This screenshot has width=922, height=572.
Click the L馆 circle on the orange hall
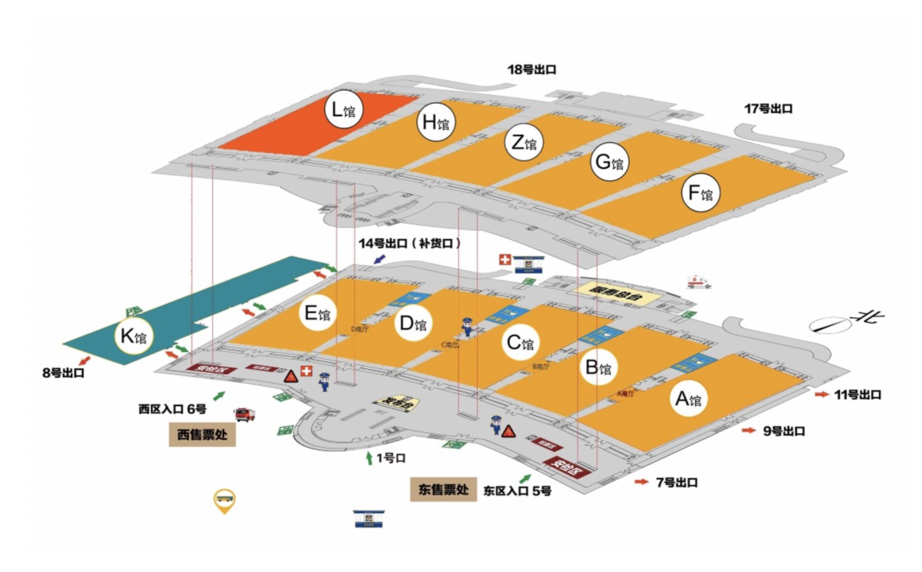[x=343, y=109]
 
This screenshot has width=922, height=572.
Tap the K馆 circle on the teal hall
[x=134, y=336]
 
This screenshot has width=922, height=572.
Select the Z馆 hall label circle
[x=524, y=142]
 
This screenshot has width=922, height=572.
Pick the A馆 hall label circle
[x=688, y=399]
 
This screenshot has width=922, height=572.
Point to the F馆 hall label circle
[x=700, y=192]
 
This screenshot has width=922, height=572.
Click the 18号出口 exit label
[x=532, y=69]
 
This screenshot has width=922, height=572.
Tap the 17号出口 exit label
[x=768, y=109]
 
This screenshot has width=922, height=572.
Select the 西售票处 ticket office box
[x=202, y=434]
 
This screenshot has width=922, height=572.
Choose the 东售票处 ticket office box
[x=443, y=489]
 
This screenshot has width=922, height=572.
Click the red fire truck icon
[x=245, y=414]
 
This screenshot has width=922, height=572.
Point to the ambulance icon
[x=699, y=282]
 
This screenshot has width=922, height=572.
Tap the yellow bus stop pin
[x=225, y=500]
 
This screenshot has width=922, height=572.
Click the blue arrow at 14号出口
[x=379, y=259]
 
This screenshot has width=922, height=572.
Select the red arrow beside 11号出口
[x=822, y=394]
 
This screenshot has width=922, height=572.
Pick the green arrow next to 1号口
[x=369, y=458]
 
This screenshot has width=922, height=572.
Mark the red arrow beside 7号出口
[x=641, y=481]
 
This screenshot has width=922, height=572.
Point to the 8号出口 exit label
[x=63, y=373]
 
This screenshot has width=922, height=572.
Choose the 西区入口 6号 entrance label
[x=172, y=409]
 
